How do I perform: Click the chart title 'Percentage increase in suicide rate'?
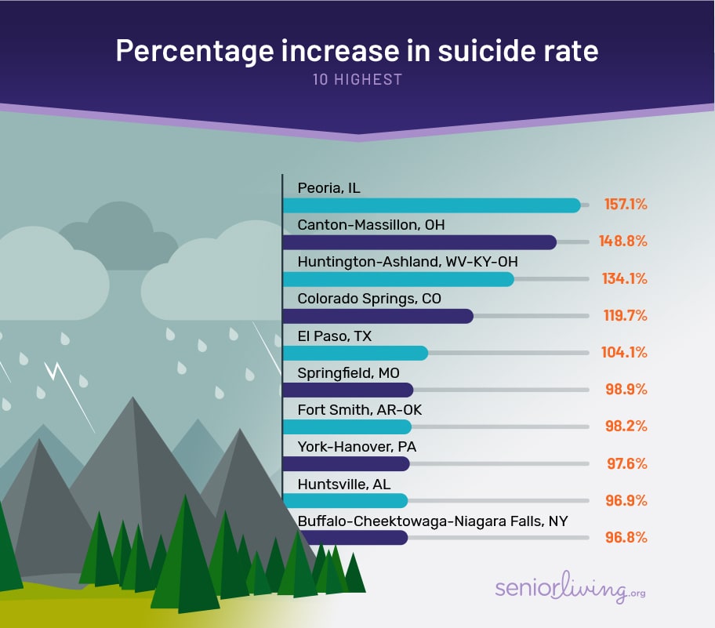click(x=357, y=51)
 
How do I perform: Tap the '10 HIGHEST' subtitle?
click(x=357, y=79)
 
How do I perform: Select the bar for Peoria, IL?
click(x=431, y=205)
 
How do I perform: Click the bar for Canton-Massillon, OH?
click(x=419, y=242)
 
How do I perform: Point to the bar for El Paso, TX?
click(x=355, y=353)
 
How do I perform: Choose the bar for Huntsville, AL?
click(x=345, y=500)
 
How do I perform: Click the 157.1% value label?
click(x=625, y=205)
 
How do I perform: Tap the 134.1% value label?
click(x=625, y=278)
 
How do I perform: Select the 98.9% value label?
click(x=626, y=390)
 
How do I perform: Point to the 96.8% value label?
click(x=626, y=537)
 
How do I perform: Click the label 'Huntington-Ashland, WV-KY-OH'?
click(x=408, y=262)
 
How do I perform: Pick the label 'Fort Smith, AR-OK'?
click(x=360, y=410)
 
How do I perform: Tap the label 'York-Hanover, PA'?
click(x=357, y=447)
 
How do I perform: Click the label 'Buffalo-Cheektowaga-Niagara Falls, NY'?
click(x=433, y=521)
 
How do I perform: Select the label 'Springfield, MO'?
click(x=347, y=372)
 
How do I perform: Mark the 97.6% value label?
click(x=626, y=463)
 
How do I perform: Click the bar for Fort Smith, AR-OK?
click(x=347, y=427)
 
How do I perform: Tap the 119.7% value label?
click(x=625, y=315)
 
